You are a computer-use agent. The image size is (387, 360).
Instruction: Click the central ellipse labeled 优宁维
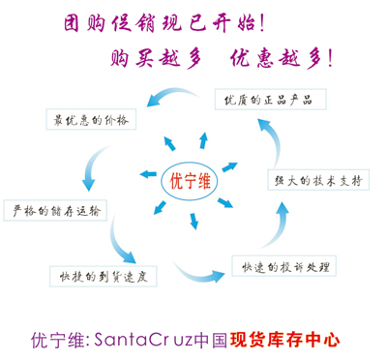coord(189,180)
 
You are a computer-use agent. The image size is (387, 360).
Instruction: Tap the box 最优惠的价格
coord(93,119)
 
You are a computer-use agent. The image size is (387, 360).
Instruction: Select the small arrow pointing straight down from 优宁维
coord(194,222)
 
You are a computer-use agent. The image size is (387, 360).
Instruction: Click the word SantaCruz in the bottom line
coord(144,341)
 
